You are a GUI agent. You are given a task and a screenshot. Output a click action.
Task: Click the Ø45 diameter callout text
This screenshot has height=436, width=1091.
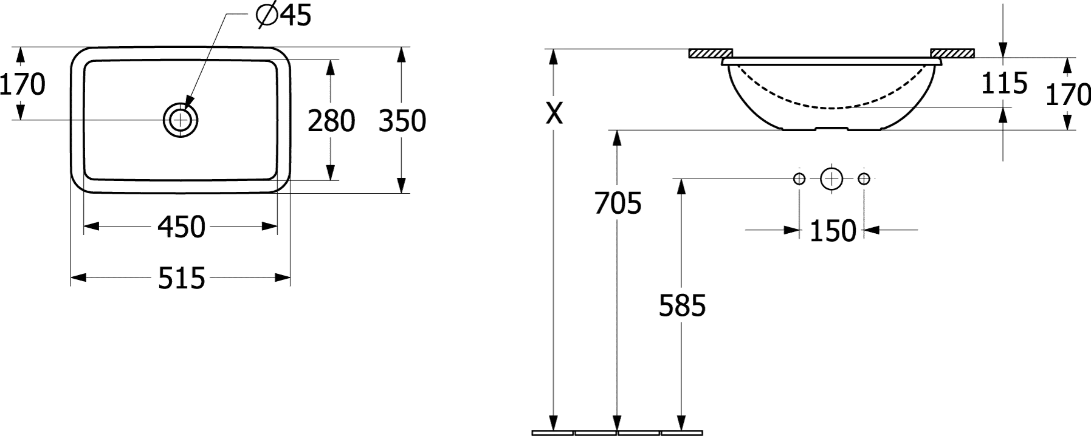click(283, 16)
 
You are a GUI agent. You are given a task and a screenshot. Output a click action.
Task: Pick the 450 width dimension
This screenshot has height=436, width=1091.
click(181, 227)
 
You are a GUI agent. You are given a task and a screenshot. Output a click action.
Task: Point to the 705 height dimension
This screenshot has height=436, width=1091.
click(618, 203)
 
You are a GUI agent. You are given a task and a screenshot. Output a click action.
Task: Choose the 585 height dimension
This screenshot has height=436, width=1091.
click(682, 305)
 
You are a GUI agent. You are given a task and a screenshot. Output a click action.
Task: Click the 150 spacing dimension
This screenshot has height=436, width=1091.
click(832, 231)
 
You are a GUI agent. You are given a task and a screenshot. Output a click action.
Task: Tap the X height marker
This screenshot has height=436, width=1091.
click(552, 112)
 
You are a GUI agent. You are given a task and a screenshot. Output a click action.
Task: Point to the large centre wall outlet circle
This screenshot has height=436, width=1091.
click(831, 179)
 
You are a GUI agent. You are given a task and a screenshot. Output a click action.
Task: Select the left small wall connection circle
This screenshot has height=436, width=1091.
click(799, 179)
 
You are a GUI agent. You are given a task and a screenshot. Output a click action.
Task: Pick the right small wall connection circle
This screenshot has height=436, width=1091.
click(864, 179)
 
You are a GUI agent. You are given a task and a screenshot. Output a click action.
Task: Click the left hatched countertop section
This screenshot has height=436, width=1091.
click(710, 53)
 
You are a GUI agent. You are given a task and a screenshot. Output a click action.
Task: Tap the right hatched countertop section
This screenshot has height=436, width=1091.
click(952, 53)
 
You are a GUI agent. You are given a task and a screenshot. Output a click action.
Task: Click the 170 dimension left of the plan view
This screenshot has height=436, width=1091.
click(22, 84)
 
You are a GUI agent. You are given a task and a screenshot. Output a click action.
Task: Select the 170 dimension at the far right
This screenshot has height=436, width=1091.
click(1068, 95)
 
